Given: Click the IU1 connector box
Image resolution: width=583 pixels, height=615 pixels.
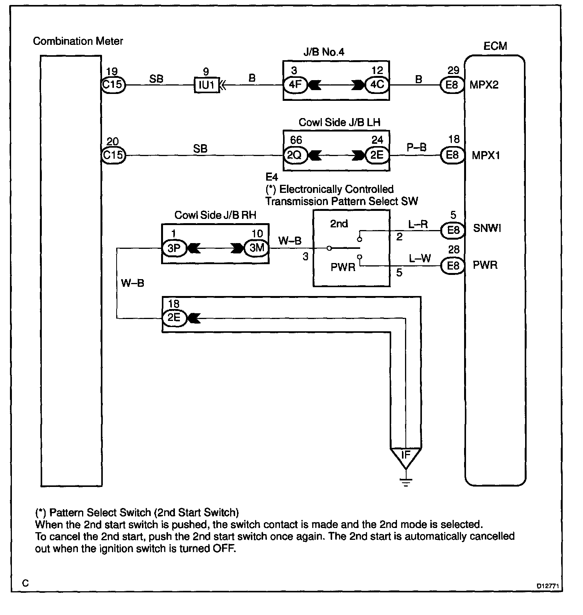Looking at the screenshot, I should pos(207,85).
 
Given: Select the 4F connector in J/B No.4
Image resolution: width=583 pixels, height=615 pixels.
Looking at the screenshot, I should pos(295,84).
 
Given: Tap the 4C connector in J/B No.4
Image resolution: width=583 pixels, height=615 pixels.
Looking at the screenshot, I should pos(377,84).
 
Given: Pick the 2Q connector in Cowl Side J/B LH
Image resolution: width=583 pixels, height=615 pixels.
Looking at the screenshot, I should pos(295,156).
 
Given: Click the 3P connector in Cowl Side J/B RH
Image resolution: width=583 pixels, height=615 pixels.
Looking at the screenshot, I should pos(174,248).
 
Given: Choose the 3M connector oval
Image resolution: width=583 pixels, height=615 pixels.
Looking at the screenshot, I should pos(257,248).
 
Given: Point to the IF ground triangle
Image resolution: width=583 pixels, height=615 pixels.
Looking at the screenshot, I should pos(405,456).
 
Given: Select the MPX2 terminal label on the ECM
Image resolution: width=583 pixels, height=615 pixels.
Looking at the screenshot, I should pos(484,85).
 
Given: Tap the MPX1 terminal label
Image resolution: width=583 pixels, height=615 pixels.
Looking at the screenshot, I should pos(486,156).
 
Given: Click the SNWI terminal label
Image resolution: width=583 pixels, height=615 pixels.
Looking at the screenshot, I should pos(487,229).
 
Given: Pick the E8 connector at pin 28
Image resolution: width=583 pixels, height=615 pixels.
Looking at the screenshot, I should pos(453,265).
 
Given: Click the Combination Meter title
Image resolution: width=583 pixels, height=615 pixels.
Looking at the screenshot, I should pos(78,41).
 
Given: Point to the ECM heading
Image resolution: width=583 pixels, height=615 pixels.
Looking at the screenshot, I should pos(495,46).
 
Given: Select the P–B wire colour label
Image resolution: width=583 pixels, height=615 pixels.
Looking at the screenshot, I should pos(417,148).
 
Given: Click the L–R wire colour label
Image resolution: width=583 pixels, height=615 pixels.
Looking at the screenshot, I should pos(418,225).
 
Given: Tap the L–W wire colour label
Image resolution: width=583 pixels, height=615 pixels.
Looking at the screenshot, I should pos(420,259).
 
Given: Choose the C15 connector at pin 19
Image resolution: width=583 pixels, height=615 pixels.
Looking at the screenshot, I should pos(113,84).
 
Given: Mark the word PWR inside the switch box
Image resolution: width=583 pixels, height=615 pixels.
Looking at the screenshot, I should pos(343,267).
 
